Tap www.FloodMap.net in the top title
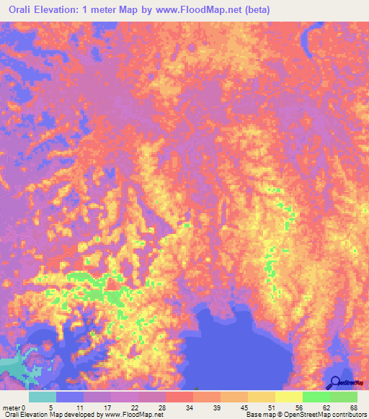[221, 9]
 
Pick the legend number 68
[352, 407]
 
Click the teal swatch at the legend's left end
[43, 397]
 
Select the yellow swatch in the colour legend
[289, 397]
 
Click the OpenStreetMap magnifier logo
[334, 382]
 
